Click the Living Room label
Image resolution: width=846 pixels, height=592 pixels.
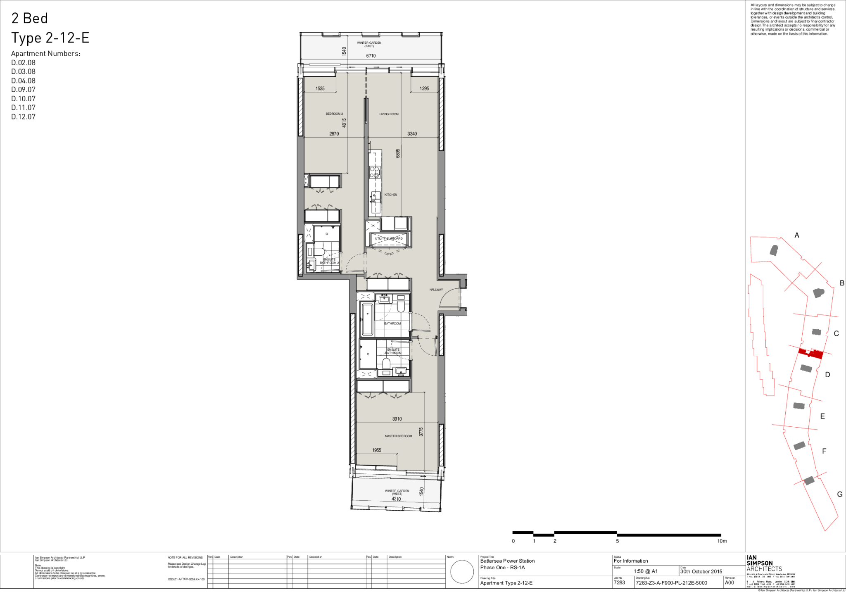click(389, 114)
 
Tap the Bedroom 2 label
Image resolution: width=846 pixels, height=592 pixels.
click(334, 114)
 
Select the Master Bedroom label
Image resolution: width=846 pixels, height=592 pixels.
click(398, 436)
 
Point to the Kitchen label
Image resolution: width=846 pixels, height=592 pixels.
click(390, 195)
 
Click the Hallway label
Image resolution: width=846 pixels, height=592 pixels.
click(436, 290)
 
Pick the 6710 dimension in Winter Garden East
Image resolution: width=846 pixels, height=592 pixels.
click(371, 56)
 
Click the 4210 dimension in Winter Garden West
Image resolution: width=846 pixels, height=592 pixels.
click(396, 499)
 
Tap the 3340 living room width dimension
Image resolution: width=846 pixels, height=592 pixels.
click(412, 134)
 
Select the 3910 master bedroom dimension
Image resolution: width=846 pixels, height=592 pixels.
click(397, 419)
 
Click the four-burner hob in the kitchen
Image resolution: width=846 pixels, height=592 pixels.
click(375, 172)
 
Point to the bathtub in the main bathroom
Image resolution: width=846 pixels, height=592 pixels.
click(367, 319)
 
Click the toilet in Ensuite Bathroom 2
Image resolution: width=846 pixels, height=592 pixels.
click(318, 251)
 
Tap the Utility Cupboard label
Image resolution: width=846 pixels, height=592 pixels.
click(388, 238)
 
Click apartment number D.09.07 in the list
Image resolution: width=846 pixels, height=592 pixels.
click(23, 90)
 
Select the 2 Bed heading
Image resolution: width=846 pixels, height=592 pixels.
click(29, 18)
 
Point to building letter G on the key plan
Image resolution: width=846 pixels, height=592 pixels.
click(839, 494)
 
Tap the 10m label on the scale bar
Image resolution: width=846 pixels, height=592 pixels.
click(722, 541)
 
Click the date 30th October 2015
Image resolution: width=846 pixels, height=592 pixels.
click(701, 571)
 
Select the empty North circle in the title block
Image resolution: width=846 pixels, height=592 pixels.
click(462, 572)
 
